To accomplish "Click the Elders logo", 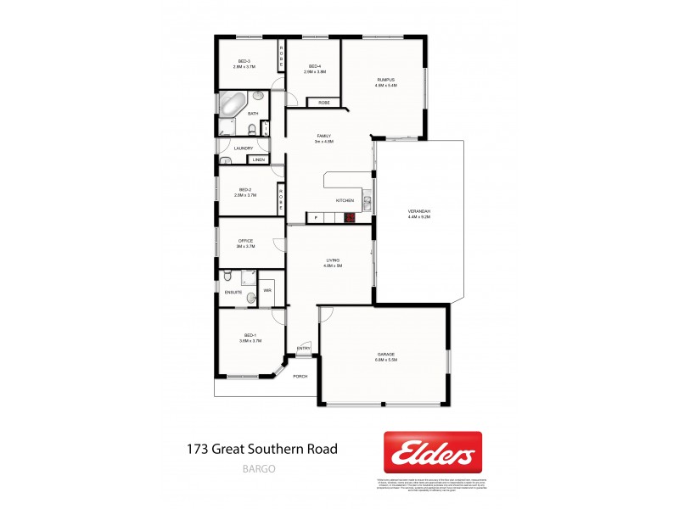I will (433, 453).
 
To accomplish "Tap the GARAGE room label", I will (386, 355).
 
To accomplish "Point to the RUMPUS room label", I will (387, 81).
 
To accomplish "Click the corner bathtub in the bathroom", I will (232, 106).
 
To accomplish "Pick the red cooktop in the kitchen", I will (349, 218).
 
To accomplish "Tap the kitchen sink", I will (367, 203).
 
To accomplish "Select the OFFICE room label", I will (246, 241).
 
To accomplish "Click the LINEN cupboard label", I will (258, 159).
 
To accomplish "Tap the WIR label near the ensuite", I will (267, 290).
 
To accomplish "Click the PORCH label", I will (300, 376).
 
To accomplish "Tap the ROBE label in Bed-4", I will (324, 103).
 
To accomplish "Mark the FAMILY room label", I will (323, 136).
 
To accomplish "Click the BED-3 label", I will (244, 61).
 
